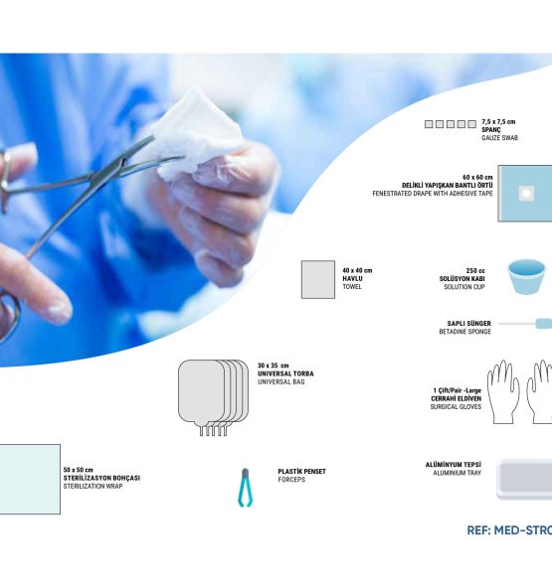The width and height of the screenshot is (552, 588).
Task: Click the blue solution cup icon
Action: [526, 277]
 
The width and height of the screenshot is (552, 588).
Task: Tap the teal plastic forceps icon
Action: [245, 488]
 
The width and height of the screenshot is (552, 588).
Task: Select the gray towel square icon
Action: [318, 279]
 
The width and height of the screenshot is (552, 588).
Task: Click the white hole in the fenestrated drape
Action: [526, 194]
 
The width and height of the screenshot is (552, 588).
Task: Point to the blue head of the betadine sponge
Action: [544, 323]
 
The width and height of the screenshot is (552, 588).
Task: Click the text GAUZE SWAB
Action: [500, 138]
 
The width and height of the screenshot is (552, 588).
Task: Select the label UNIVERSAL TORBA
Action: [285, 373]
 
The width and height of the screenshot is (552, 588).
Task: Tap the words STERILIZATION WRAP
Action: [92, 486]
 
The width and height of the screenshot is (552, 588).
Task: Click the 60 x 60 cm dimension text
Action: [477, 177]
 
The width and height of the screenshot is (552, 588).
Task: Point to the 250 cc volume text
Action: [475, 270]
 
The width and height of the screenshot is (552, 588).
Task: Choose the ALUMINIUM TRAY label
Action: [457, 473]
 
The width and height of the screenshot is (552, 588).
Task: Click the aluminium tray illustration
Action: [524, 479]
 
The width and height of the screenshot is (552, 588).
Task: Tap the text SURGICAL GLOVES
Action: [456, 406]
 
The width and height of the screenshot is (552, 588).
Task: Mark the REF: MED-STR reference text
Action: [509, 530]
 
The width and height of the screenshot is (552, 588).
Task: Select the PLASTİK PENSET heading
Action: [302, 472]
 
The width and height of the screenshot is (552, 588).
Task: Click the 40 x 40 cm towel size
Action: [357, 270]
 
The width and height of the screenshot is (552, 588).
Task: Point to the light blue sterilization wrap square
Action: [30, 480]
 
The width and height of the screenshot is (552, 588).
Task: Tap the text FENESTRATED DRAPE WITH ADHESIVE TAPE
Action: [433, 194]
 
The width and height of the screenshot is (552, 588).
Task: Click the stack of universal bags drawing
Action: [213, 397]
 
